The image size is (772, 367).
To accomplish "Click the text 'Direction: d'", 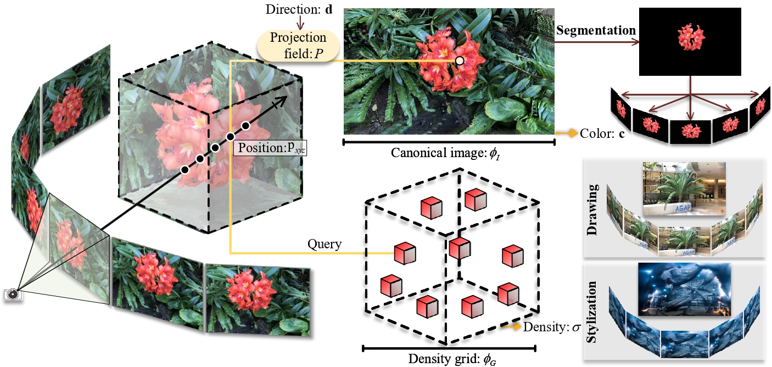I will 300,10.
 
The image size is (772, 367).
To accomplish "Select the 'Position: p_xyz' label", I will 271,148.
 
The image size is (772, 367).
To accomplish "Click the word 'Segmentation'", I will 596,31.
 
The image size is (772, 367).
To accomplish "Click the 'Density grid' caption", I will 450,359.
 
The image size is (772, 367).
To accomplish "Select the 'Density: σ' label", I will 552,327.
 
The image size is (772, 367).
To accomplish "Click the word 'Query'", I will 325,244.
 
